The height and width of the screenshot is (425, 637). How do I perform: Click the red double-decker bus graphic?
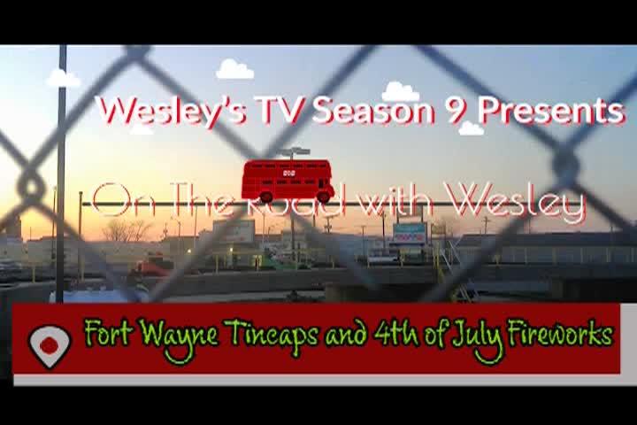click(288, 181)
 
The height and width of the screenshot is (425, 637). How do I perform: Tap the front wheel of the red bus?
click(324, 197)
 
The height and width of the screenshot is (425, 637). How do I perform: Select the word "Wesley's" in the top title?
click(172, 111)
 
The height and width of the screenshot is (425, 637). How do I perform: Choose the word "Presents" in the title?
click(550, 111)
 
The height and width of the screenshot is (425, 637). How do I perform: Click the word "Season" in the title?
click(374, 111)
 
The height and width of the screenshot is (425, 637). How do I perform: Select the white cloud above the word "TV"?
click(234, 69)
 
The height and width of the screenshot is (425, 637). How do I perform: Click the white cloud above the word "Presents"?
click(471, 127)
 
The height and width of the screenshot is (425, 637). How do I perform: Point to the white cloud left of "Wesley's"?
click(64, 78)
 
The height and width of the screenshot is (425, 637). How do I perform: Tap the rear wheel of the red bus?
click(266, 197)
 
